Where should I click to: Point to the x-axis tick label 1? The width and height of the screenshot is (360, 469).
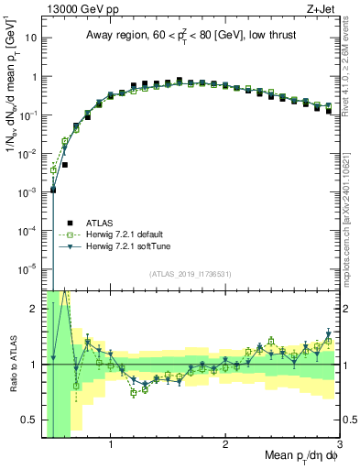pos(111,445)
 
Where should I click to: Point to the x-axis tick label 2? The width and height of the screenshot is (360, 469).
pos(225,445)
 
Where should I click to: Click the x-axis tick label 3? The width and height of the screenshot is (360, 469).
pos(339,445)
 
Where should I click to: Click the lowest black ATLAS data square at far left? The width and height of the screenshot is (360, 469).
pos(53,190)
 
